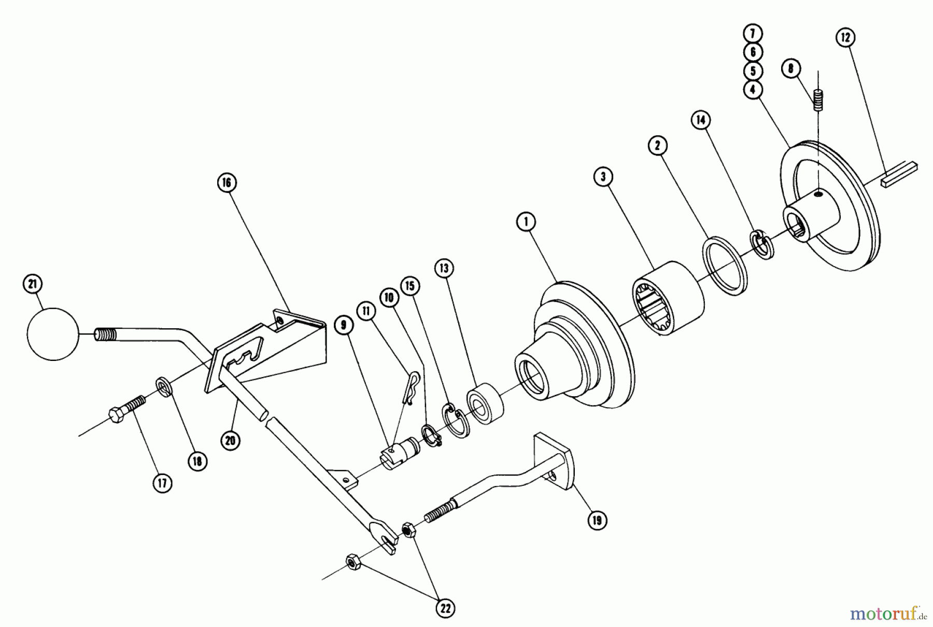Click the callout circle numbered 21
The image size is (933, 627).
click(33, 284)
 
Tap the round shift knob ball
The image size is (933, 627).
click(52, 334)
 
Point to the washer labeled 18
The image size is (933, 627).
click(164, 387)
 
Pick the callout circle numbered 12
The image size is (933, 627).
click(845, 37)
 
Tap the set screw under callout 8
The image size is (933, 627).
click(818, 100)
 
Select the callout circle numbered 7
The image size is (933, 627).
click(753, 34)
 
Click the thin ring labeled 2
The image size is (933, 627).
click(725, 266)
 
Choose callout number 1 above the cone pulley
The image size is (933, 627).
click(526, 222)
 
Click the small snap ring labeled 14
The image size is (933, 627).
click(760, 243)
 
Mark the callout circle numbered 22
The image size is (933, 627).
click(446, 609)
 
